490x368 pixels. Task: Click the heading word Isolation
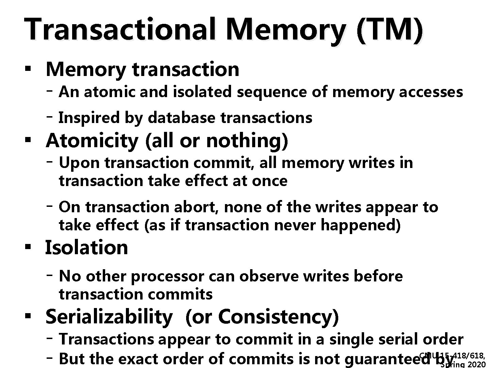tap(87, 248)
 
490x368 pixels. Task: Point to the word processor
tap(167, 276)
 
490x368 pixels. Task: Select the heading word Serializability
tap(109, 317)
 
